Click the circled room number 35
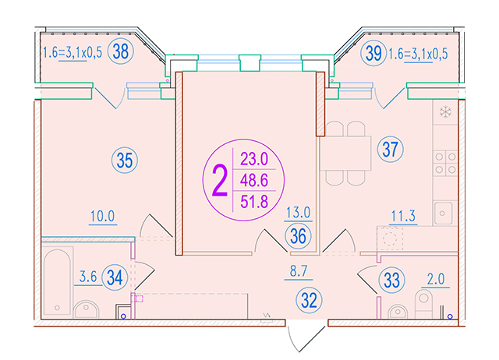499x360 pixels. (125, 161)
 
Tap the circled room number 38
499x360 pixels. (121, 51)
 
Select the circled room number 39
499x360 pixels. (373, 53)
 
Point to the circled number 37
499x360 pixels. (390, 149)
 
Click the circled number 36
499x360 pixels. (298, 236)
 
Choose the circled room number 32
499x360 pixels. (309, 300)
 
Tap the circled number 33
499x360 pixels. (391, 281)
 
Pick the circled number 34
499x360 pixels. (115, 277)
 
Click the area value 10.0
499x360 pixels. (102, 217)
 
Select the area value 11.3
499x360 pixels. (403, 217)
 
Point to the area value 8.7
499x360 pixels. (299, 271)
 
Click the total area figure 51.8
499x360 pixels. (254, 202)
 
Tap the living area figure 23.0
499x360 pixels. (254, 159)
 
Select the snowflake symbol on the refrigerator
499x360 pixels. (445, 112)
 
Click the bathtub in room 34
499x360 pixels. (57, 281)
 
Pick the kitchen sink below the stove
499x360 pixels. (442, 214)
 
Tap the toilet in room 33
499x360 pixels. (423, 304)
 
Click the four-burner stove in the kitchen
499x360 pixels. (445, 163)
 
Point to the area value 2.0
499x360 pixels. (436, 279)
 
